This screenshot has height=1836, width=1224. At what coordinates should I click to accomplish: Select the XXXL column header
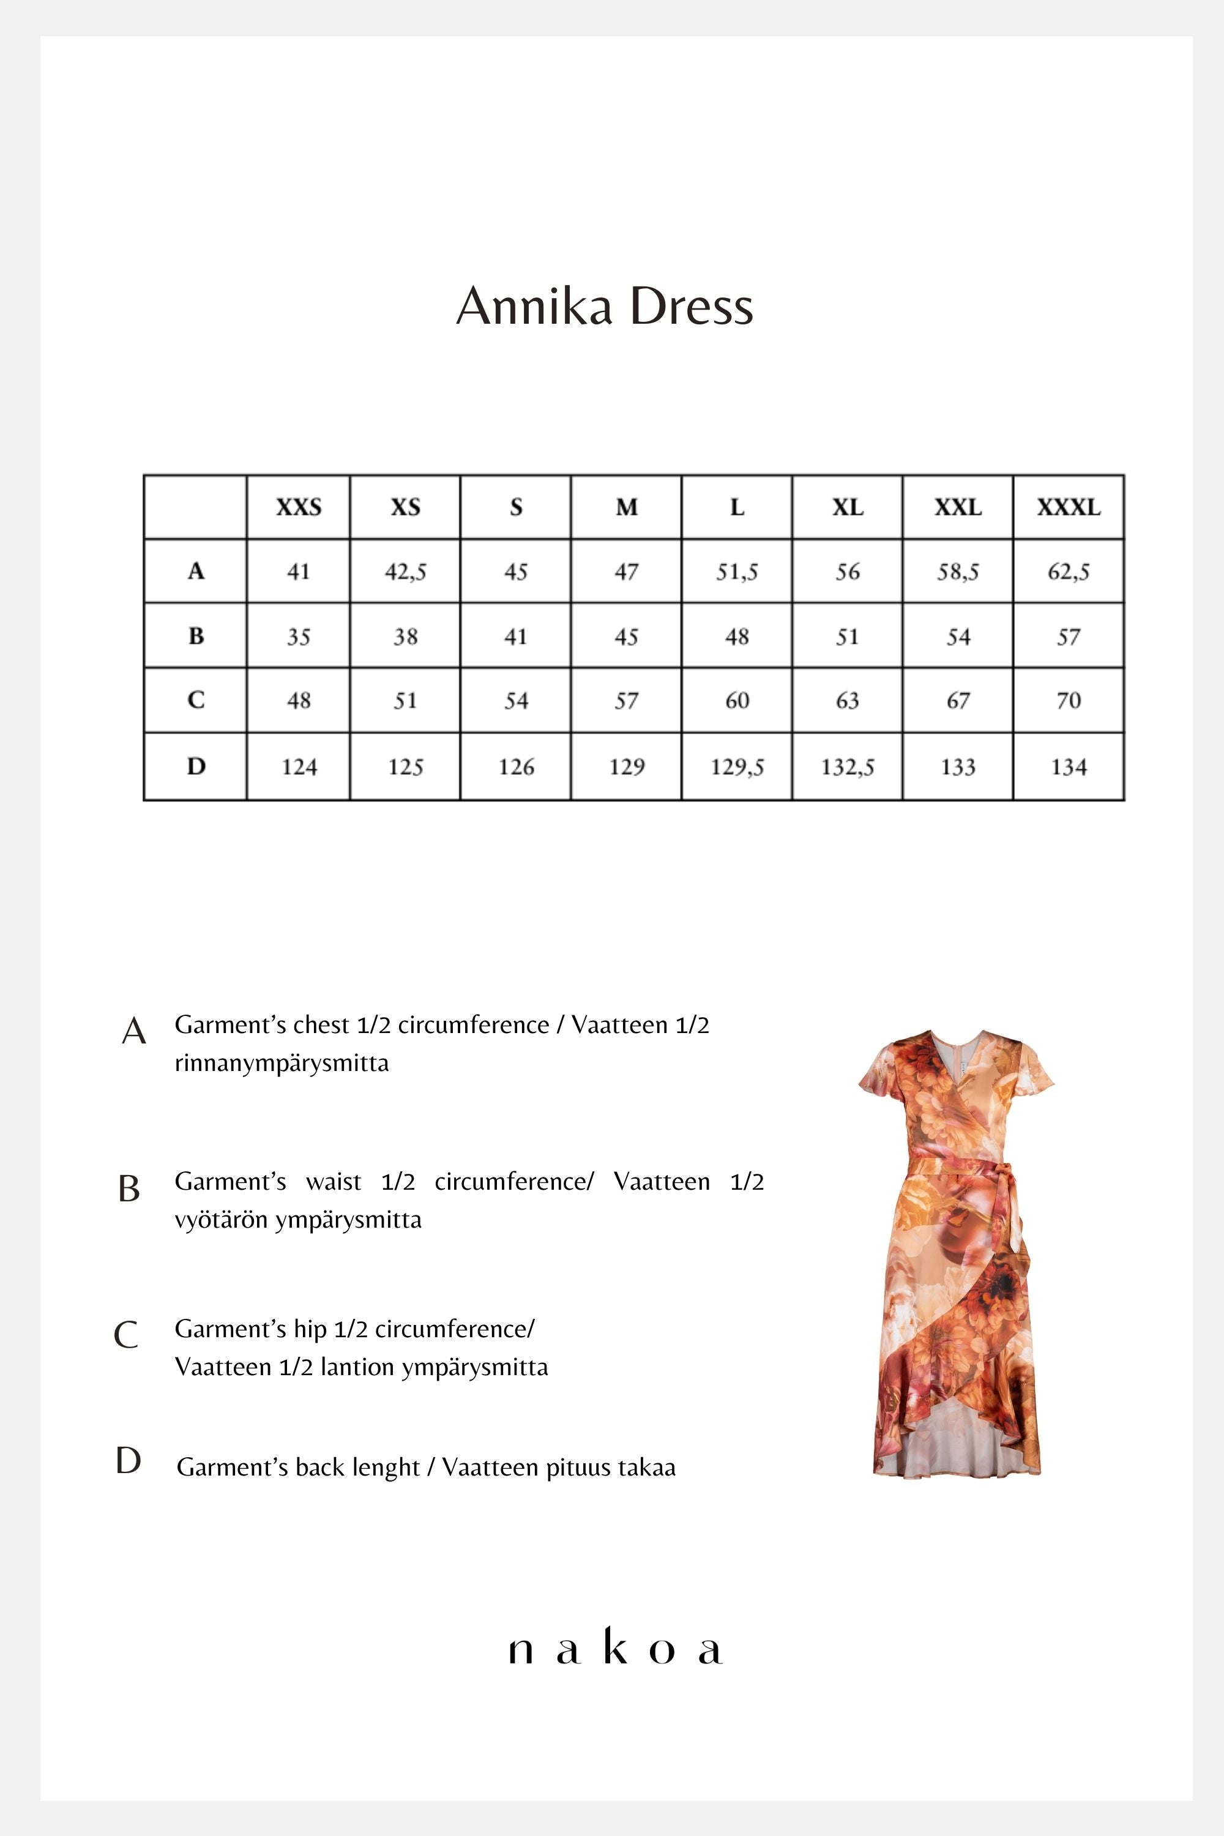click(1068, 507)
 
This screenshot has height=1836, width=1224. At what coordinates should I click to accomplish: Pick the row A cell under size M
click(626, 572)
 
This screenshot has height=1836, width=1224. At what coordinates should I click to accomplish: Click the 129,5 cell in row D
click(737, 767)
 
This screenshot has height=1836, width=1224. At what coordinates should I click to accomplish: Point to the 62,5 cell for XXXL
click(1068, 572)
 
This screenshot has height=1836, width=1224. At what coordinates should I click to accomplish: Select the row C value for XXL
click(958, 700)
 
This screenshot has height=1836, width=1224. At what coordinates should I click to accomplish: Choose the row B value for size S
click(515, 636)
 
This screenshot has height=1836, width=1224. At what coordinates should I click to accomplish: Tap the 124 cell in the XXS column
click(299, 767)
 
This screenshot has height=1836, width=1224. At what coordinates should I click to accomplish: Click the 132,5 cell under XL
click(847, 767)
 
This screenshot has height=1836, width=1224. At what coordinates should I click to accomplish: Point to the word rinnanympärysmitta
click(281, 1063)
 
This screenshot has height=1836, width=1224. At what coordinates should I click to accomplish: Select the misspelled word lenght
click(386, 1468)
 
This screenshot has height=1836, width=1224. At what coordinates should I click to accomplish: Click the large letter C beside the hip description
click(127, 1335)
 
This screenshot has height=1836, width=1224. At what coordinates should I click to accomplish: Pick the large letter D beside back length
click(128, 1460)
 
